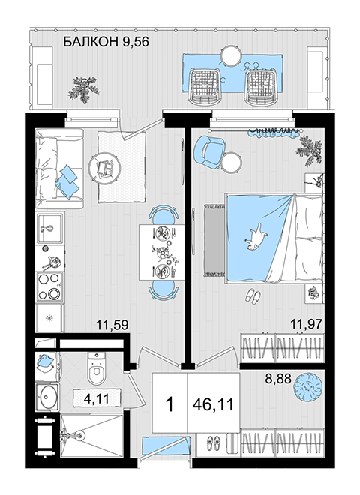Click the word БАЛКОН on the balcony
click(91, 42)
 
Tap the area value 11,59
click(112, 325)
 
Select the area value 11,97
click(307, 324)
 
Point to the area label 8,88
click(278, 378)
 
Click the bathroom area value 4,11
click(97, 398)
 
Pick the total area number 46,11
click(214, 404)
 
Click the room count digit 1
click(170, 404)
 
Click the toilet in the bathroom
click(96, 368)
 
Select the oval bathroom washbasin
click(46, 397)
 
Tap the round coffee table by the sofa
click(104, 167)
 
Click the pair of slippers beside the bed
click(253, 296)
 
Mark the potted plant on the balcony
click(84, 88)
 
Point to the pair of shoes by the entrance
click(214, 442)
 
